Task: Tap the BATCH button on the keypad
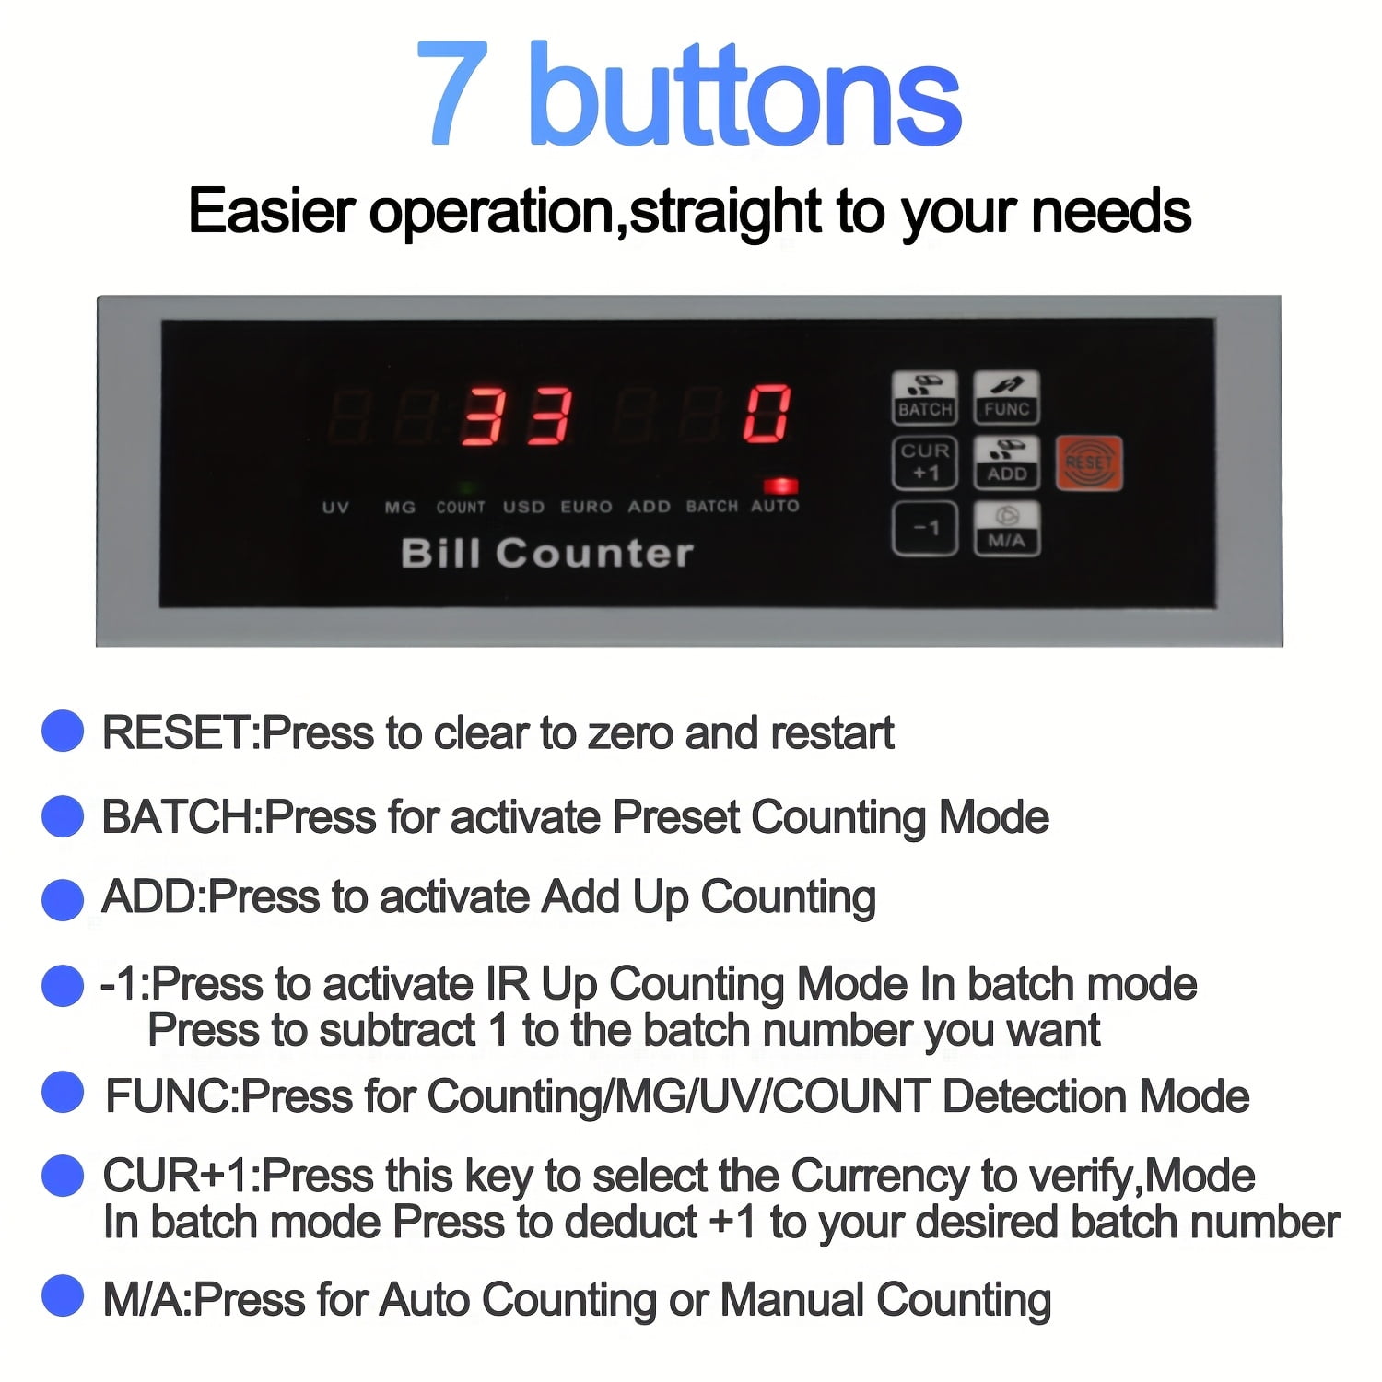point(925,397)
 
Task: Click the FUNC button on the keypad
point(1006,397)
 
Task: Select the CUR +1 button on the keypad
point(925,463)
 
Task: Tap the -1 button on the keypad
point(925,528)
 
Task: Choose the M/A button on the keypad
point(1006,528)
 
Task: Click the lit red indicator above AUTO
point(779,486)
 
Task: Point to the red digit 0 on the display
point(767,414)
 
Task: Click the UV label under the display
point(335,507)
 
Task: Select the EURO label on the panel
point(586,507)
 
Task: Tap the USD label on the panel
point(523,507)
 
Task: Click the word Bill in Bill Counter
point(440,553)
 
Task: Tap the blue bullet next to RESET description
point(63,732)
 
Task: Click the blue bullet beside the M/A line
point(63,1295)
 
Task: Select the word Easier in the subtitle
point(271,211)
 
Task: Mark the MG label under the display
point(400,507)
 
